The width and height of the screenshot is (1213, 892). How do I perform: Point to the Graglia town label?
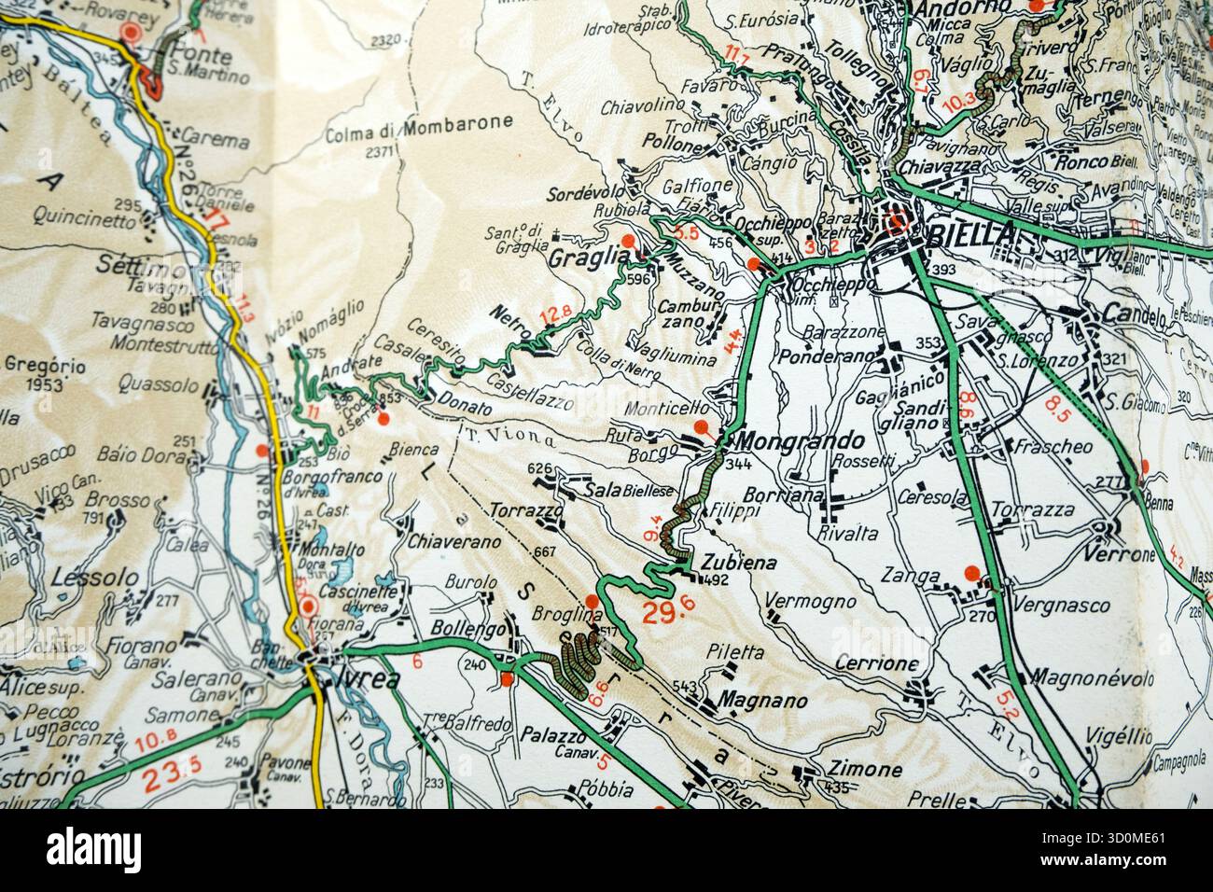[584, 256]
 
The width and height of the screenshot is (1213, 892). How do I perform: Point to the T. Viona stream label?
[510, 435]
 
